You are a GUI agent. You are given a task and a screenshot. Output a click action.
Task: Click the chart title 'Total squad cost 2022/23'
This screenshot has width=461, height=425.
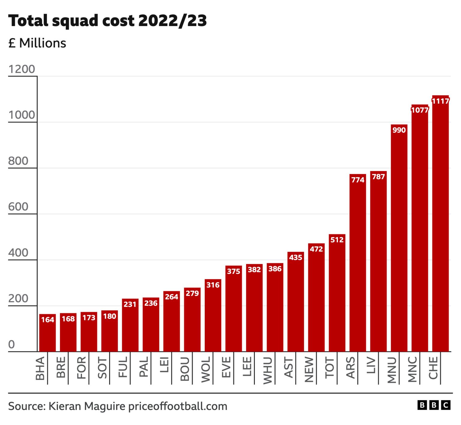(x=107, y=21)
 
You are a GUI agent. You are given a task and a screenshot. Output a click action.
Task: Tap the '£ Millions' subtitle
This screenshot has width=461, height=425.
(x=37, y=43)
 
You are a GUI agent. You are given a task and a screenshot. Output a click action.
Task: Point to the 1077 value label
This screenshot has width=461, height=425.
(x=420, y=110)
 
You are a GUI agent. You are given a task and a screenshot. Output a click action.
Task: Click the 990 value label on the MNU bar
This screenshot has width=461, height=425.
(x=399, y=130)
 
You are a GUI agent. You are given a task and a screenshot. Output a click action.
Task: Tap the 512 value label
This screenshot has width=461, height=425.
(x=337, y=240)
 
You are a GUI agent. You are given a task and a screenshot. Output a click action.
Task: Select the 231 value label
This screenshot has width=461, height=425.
(x=130, y=304)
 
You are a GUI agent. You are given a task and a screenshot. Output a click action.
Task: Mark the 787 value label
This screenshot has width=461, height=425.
(x=378, y=177)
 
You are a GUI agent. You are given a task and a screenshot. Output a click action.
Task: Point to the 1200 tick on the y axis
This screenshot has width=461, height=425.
(x=22, y=69)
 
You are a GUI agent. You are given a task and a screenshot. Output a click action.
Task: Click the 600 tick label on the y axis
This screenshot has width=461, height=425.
(x=18, y=207)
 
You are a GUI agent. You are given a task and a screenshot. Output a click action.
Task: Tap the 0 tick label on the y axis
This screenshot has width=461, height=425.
(x=11, y=344)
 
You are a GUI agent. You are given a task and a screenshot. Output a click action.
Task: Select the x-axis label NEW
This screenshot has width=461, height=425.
(x=309, y=369)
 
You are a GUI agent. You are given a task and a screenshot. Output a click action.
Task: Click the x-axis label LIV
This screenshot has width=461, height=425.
(x=371, y=365)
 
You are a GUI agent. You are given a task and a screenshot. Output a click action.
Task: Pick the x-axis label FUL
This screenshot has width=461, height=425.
(x=123, y=367)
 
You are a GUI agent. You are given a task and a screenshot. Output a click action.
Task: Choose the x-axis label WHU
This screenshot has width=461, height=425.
(x=267, y=370)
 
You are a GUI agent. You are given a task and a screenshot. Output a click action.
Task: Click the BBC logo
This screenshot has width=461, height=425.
(x=434, y=405)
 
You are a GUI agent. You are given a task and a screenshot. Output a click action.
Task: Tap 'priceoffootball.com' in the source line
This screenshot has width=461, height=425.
(x=178, y=406)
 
